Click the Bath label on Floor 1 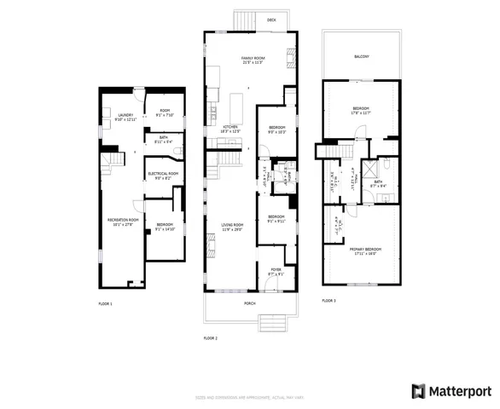click(x=162, y=138)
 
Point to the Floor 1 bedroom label click(x=165, y=227)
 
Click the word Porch click(x=250, y=302)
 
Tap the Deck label click(x=270, y=19)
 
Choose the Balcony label click(x=362, y=57)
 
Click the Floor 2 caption click(x=210, y=338)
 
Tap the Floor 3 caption click(x=328, y=301)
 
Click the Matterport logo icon click(x=418, y=391)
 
